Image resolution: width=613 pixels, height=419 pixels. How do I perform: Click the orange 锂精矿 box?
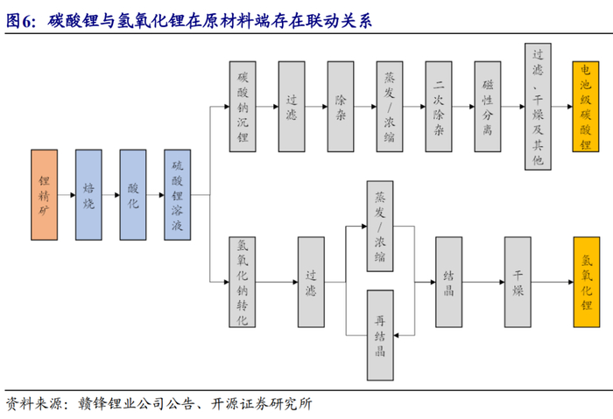coord(44,194)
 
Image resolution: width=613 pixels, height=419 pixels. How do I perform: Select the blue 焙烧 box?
coord(88,194)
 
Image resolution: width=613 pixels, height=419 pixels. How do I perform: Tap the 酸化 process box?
coord(133,194)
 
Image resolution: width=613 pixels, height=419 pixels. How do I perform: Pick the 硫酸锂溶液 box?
coord(178,194)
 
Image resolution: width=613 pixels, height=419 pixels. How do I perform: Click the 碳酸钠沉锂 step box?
coord(243,106)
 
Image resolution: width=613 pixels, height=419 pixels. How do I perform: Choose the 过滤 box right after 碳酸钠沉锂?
coord(292,106)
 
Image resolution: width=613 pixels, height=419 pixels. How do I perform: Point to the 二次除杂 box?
coord(439,106)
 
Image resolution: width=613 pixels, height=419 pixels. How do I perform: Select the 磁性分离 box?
coord(488,106)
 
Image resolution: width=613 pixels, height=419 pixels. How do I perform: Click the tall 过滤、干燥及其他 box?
coord(538,107)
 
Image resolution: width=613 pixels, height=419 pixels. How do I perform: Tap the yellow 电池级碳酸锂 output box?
coord(586,106)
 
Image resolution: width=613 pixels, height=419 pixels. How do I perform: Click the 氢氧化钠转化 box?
coord(243,282)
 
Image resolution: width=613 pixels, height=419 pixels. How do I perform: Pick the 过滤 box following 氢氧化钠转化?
coord(311,282)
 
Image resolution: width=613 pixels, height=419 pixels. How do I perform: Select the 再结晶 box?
coord(380,335)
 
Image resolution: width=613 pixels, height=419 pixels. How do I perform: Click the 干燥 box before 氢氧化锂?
coord(518,282)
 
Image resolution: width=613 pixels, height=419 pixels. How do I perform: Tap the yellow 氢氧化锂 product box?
coord(587,282)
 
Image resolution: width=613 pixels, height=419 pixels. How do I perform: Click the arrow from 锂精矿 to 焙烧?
coord(67,194)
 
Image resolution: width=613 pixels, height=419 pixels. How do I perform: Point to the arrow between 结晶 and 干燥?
coord(483,282)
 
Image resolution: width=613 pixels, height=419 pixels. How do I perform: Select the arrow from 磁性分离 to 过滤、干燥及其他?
coord(513,106)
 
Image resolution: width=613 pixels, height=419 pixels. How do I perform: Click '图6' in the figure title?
coord(18,21)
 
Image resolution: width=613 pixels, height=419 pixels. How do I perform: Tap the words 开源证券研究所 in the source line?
coord(262,404)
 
